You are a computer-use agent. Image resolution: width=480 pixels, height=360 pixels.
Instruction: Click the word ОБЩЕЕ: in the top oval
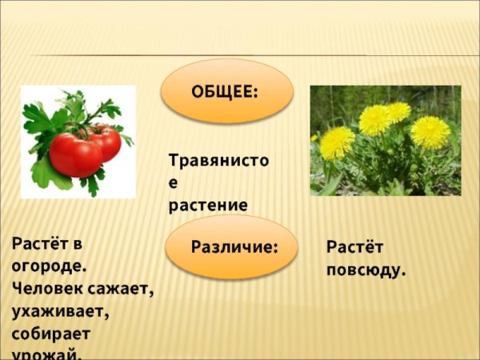click(225, 91)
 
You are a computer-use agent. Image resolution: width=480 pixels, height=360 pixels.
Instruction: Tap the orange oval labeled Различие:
click(234, 246)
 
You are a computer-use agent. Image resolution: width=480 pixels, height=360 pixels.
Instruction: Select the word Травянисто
click(218, 160)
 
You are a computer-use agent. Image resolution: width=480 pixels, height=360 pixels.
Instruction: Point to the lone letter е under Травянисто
click(173, 182)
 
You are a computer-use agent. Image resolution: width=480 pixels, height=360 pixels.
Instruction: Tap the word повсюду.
click(366, 270)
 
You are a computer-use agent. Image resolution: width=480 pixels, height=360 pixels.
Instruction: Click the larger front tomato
click(75, 154)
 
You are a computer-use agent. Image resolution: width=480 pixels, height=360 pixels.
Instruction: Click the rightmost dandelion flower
click(430, 132)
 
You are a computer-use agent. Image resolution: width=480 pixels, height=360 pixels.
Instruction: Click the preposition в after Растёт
click(77, 242)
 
